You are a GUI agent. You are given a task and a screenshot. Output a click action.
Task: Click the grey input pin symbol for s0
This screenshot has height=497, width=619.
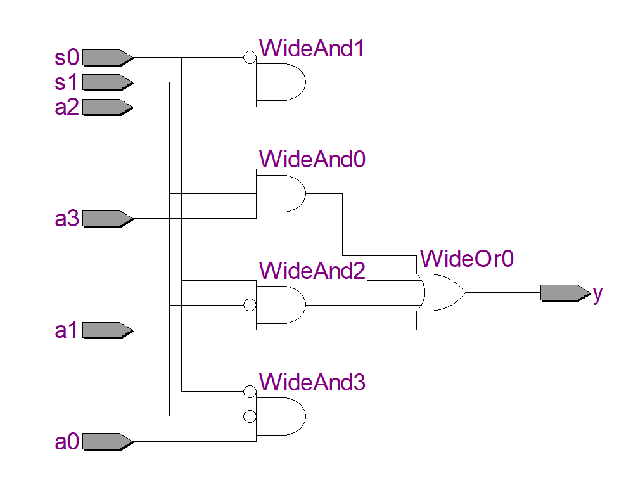coord(106,58)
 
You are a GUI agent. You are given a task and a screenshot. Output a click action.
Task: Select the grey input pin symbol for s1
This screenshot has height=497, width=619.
coord(106,82)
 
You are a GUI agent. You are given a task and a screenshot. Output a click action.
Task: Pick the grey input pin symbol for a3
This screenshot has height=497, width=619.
coord(106,219)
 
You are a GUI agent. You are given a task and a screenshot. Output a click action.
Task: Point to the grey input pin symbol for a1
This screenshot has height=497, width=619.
coord(106,330)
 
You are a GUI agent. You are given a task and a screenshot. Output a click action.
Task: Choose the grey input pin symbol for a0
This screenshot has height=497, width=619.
coord(106,441)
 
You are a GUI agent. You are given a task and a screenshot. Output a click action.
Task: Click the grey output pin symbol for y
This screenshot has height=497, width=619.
coord(564,293)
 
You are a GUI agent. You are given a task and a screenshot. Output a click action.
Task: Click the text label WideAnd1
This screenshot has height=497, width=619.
coord(312,49)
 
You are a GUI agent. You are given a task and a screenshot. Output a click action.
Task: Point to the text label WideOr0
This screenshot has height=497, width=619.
coord(466,259)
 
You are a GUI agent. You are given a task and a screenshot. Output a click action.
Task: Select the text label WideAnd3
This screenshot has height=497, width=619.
coord(312,383)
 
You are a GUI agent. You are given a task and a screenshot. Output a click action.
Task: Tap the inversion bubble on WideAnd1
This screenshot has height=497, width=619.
coord(250,58)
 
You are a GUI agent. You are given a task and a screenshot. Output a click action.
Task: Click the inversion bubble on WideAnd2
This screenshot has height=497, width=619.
coord(250,305)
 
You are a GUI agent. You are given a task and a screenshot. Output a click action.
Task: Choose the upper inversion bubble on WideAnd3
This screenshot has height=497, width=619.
coord(250,392)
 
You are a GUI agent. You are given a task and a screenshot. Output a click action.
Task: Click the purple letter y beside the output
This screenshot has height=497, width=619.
coord(597,294)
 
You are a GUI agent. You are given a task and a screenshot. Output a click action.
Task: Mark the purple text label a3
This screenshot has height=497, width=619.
coord(67,219)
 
